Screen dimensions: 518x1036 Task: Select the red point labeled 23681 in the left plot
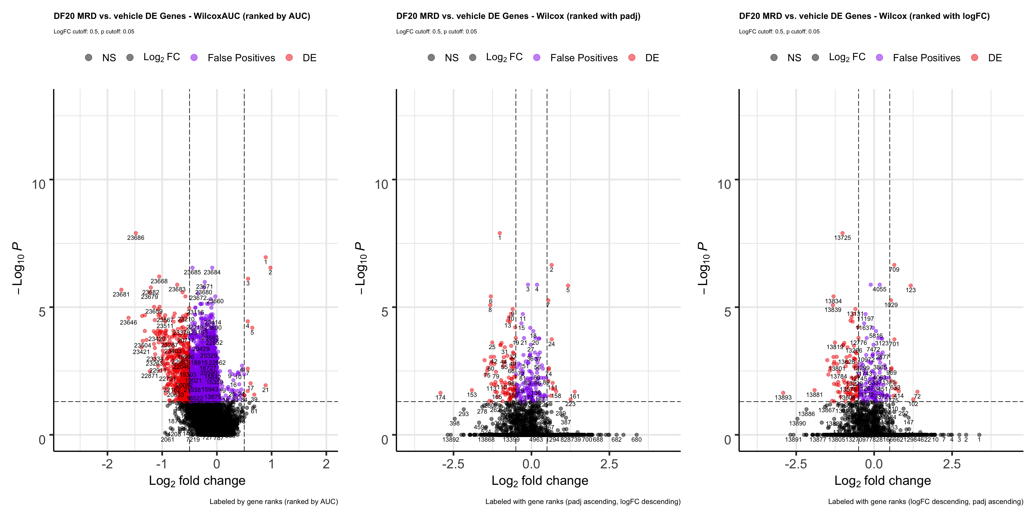pos(121,289)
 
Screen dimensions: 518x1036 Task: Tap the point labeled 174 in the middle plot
pos(440,393)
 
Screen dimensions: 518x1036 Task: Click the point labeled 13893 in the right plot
pos(783,393)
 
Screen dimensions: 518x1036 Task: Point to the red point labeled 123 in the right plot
pos(911,285)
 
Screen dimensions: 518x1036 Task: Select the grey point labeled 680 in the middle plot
pos(636,435)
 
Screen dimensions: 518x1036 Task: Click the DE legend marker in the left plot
pos(289,57)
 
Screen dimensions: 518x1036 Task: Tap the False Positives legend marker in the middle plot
pos(537,57)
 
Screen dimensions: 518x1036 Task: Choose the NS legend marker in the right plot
pos(774,57)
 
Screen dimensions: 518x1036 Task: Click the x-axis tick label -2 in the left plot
pos(107,464)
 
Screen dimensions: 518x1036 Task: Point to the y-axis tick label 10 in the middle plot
pos(381,185)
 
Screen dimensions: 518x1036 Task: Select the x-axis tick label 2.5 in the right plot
pos(952,464)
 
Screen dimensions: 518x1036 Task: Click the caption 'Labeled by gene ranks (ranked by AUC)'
pos(274,502)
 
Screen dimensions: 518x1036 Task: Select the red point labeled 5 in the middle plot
pos(568,285)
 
